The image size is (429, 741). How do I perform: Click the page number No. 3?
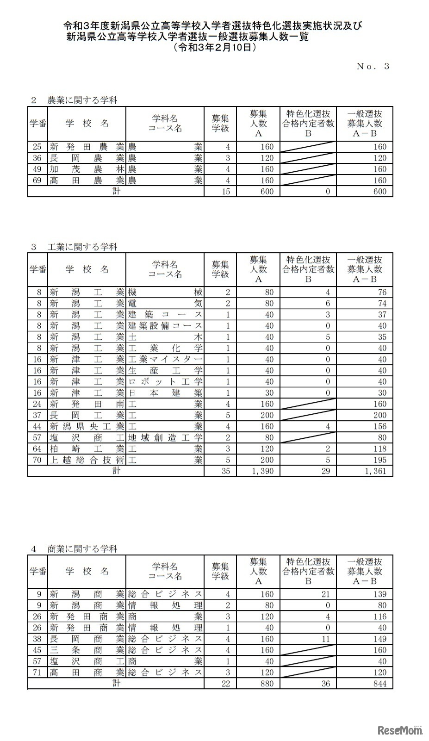[373, 66]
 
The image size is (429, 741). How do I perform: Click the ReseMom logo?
[400, 730]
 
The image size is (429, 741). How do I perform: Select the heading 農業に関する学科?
[82, 100]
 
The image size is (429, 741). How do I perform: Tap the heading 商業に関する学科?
[82, 549]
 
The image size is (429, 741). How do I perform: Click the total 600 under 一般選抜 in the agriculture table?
[379, 191]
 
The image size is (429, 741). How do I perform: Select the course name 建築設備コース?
[165, 326]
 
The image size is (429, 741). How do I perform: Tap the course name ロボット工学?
[165, 382]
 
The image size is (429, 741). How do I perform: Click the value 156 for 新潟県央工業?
[379, 426]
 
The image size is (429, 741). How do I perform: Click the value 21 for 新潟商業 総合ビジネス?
[325, 594]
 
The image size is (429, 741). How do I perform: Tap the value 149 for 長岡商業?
[379, 639]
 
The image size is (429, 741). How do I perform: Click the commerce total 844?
[379, 684]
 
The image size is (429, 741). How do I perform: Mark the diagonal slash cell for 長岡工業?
[308, 415]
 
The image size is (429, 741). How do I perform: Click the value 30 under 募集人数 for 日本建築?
[269, 393]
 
